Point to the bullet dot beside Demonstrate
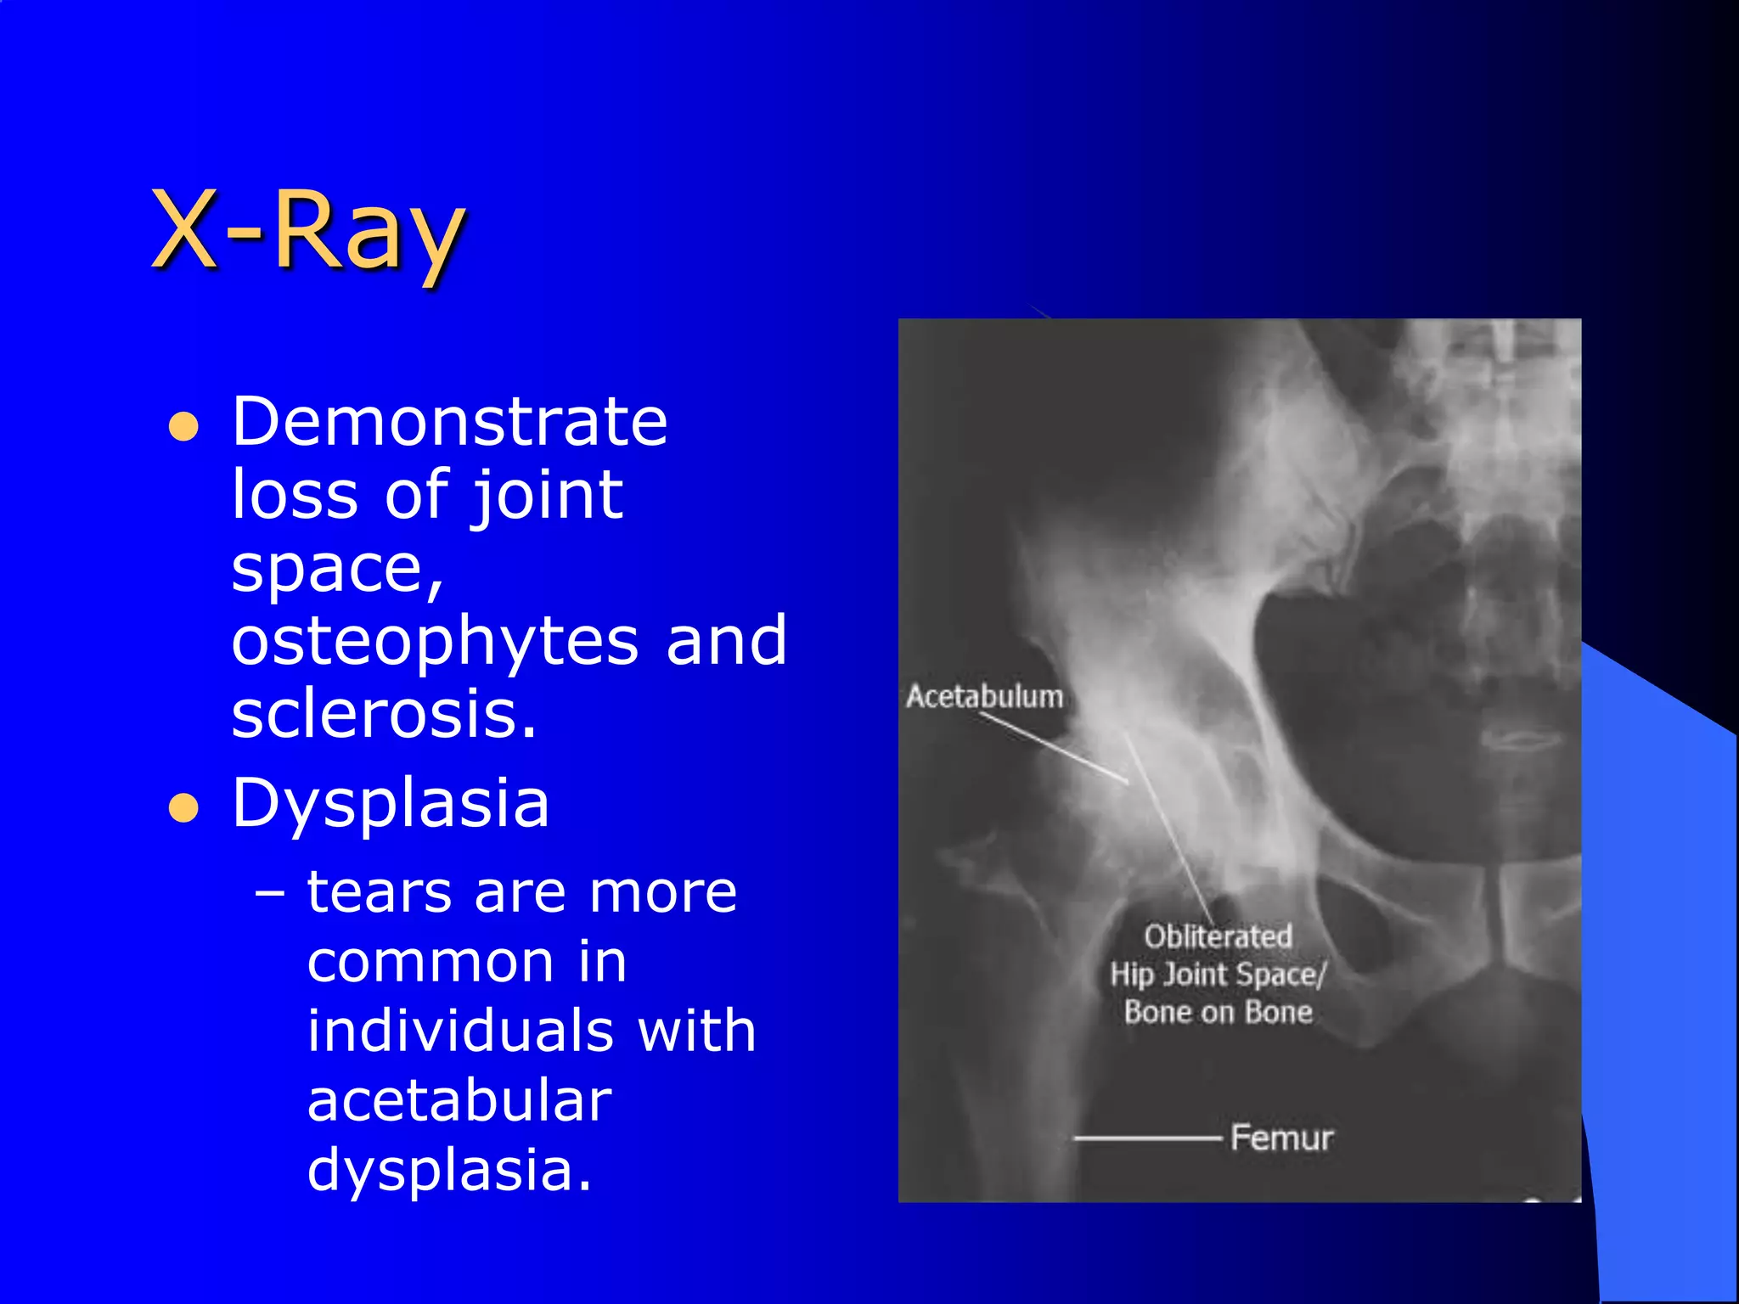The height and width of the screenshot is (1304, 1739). click(x=183, y=427)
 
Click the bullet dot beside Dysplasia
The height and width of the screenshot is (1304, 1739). click(x=183, y=808)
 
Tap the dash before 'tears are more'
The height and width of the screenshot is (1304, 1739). click(x=270, y=895)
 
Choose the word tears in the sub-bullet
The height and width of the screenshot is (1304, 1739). click(x=380, y=893)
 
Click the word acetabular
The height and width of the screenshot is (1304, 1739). click(x=459, y=1100)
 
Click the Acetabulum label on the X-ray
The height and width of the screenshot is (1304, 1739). click(x=984, y=697)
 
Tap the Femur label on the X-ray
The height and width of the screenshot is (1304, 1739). click(x=1281, y=1138)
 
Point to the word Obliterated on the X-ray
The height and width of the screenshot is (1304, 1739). click(x=1218, y=936)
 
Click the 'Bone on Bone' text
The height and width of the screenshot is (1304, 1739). click(x=1218, y=1012)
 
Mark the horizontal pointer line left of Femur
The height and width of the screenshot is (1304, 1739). click(x=1146, y=1138)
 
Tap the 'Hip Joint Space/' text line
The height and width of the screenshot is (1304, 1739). click(x=1218, y=975)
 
